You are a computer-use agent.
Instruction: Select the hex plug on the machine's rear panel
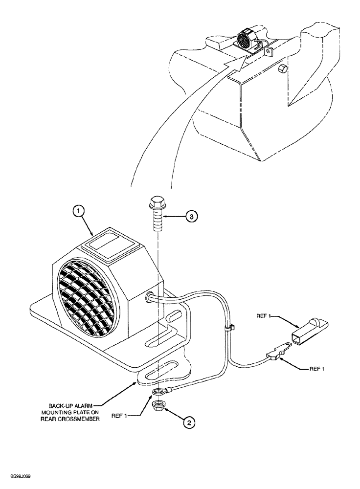(x=280, y=69)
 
